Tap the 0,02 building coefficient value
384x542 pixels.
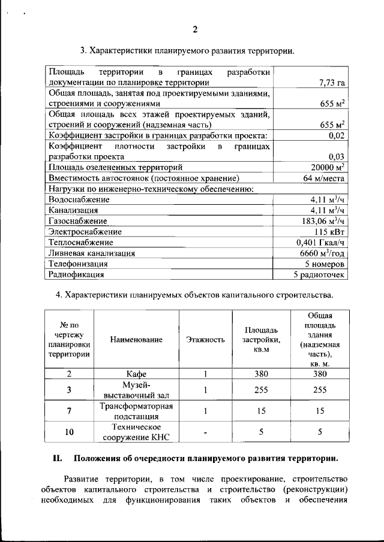(x=336, y=136)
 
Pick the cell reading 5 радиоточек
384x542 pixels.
(x=319, y=275)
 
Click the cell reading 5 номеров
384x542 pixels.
(x=325, y=264)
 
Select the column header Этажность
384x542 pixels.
(x=205, y=340)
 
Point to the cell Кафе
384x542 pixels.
(x=136, y=374)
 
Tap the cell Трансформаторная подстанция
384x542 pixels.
(x=136, y=412)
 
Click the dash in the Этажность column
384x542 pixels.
(x=205, y=431)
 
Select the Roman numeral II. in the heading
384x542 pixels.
(x=58, y=459)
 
